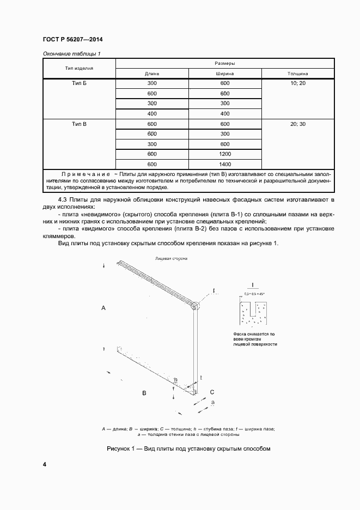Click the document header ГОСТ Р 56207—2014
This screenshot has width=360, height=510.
pos(72,40)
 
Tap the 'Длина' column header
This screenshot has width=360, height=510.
pos(151,74)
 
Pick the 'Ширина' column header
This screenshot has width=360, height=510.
pos(225,74)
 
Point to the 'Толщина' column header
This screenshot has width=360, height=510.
pos(298,74)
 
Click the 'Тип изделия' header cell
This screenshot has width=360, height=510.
pos(79,69)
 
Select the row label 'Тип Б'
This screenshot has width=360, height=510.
pos(79,83)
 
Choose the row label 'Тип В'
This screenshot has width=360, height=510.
pos(79,125)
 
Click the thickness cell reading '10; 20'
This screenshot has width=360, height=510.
pos(298,83)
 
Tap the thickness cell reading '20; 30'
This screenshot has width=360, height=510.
pos(298,125)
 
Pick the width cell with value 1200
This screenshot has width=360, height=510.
pos(225,154)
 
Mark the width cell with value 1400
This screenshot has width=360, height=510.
pos(225,164)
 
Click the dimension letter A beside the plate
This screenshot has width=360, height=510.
pos(103,308)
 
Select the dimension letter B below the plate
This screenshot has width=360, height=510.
pos(144,392)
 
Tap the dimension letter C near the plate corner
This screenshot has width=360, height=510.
pos(212,392)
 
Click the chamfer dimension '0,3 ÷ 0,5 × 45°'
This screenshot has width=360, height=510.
pos(252,294)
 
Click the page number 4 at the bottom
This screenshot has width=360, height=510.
pos(45,464)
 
